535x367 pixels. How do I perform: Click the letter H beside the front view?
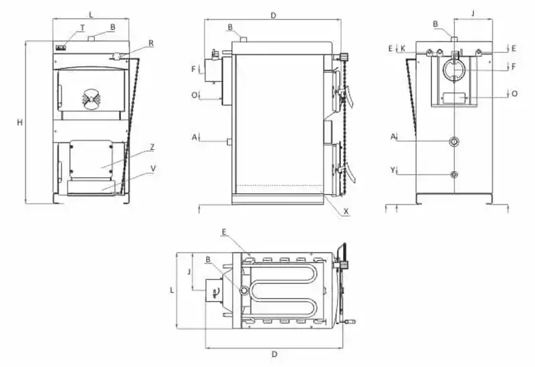click(20, 122)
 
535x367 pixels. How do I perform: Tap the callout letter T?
click(82, 27)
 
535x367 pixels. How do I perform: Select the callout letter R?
click(151, 43)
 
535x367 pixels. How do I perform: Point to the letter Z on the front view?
click(153, 146)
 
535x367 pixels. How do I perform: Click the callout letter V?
click(153, 168)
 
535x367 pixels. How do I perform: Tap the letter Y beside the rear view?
click(393, 170)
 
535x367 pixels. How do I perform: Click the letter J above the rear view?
click(472, 12)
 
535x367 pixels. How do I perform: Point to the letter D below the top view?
click(274, 354)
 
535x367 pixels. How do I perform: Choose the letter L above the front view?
click(91, 13)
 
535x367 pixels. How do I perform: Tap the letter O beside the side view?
click(193, 95)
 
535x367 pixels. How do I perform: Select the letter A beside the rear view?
click(393, 136)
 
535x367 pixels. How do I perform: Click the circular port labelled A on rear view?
click(455, 142)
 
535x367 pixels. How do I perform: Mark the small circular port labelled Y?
click(455, 174)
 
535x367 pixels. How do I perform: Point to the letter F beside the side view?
click(193, 69)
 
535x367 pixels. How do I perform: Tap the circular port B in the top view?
click(245, 290)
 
